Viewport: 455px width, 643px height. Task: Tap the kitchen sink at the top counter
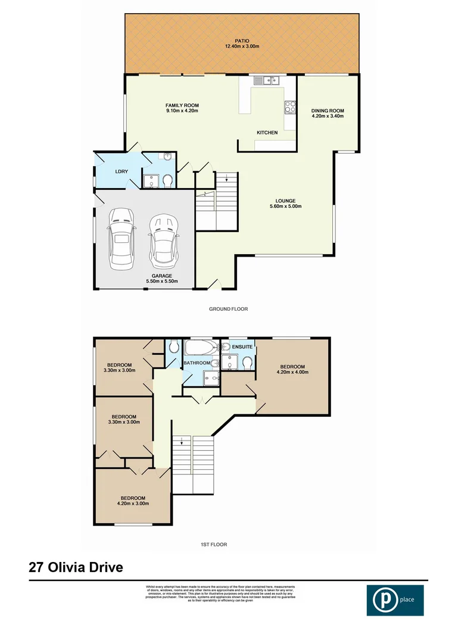[264, 80]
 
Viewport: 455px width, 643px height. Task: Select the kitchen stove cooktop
[291, 107]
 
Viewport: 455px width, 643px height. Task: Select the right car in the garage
[163, 241]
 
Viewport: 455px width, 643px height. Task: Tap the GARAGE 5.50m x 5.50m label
[162, 279]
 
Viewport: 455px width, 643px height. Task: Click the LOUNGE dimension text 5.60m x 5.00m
[285, 207]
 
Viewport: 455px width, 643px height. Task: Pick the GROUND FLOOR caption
[228, 309]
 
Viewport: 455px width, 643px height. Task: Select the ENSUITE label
[243, 346]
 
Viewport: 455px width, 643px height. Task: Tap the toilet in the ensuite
[248, 363]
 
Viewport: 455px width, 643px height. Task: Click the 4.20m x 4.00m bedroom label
[292, 369]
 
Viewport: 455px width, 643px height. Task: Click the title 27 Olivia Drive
[76, 567]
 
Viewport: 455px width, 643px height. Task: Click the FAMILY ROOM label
[182, 108]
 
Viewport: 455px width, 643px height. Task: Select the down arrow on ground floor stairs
[226, 176]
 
